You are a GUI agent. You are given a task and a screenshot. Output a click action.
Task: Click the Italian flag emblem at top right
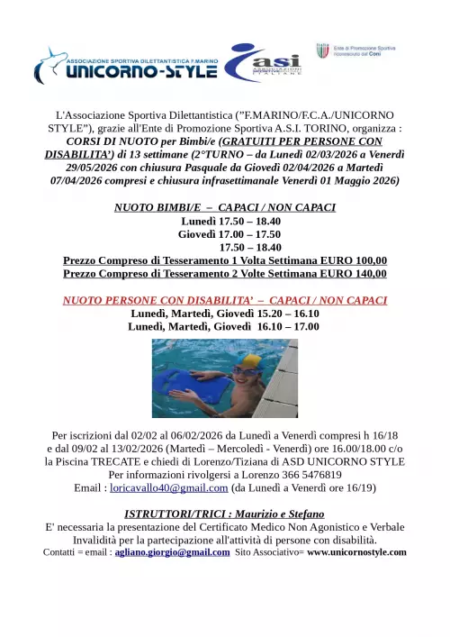[322, 51]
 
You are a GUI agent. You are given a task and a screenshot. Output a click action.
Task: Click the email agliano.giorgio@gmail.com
[172, 552]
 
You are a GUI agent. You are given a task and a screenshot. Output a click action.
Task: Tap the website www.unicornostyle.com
[356, 552]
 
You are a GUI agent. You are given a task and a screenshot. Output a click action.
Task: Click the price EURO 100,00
[350, 260]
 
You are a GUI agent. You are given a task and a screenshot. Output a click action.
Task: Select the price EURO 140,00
[350, 274]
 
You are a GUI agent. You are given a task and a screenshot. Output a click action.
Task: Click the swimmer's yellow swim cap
[248, 362]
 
